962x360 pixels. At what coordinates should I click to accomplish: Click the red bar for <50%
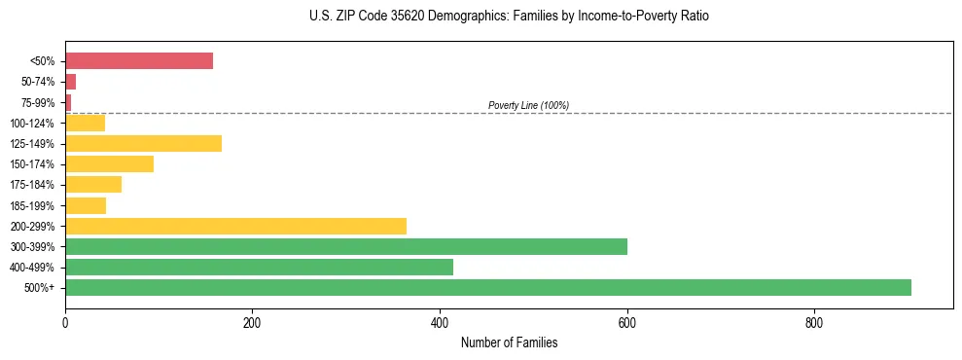point(139,61)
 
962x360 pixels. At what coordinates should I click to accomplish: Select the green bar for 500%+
point(487,287)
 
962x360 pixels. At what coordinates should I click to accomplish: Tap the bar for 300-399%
point(345,246)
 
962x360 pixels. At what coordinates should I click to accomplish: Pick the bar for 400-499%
point(259,267)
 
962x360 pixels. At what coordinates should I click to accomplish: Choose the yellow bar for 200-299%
point(235,226)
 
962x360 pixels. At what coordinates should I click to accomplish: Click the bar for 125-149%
point(143,144)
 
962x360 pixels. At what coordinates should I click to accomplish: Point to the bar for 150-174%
point(109,164)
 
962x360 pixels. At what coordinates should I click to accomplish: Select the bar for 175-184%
point(93,185)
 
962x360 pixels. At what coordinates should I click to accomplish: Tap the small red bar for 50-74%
point(70,82)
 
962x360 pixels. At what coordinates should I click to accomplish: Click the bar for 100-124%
point(85,124)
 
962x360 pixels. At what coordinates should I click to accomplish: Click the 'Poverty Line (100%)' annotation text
point(528,105)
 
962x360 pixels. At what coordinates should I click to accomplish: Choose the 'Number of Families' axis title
point(509,342)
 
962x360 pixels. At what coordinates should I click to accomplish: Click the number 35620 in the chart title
point(398,17)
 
